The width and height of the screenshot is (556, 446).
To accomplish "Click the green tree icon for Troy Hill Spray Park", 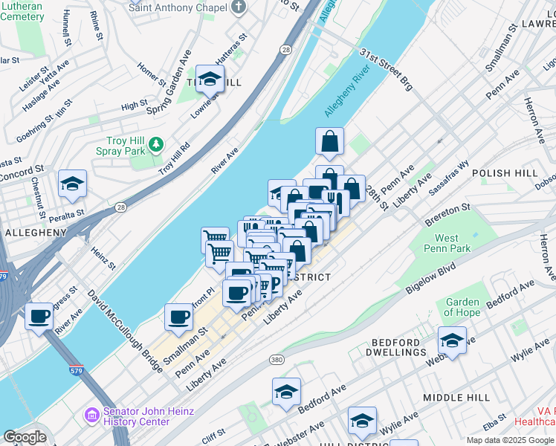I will click(x=156, y=143).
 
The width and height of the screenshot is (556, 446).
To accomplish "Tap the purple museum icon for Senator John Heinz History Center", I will click(x=92, y=413).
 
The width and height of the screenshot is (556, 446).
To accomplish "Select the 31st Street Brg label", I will click(x=386, y=71).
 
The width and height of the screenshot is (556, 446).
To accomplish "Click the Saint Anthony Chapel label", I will click(x=178, y=7).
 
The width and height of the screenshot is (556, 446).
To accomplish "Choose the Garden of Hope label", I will click(x=462, y=307).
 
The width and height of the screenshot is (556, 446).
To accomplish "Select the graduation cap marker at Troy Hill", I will click(x=210, y=78).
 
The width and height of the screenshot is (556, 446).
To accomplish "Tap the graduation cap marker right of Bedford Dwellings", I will click(x=452, y=340).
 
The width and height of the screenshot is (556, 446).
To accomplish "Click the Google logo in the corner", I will click(x=25, y=437).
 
